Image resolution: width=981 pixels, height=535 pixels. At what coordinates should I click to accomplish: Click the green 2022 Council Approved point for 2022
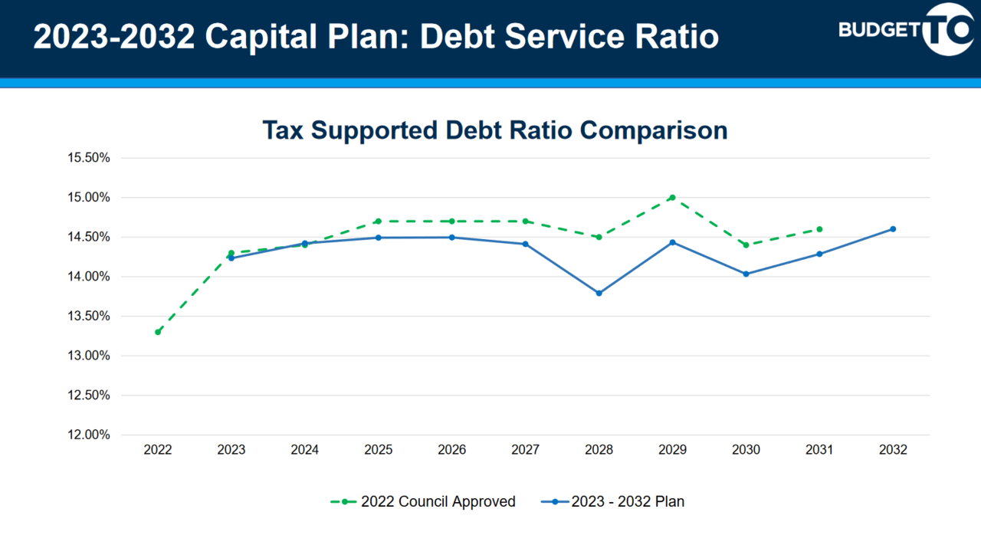(158, 332)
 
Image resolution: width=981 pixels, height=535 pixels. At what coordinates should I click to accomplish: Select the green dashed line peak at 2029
(672, 197)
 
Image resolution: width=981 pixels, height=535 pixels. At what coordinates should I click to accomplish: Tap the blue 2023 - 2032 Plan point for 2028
(599, 293)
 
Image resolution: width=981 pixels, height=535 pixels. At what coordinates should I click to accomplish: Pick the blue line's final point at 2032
(893, 229)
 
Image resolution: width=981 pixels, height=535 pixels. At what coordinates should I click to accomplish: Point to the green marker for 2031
(819, 229)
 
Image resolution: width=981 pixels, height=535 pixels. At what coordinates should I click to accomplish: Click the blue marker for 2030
(746, 274)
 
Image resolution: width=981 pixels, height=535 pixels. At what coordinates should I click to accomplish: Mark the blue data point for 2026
(451, 237)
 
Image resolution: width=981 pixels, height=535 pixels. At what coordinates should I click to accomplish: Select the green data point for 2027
(525, 221)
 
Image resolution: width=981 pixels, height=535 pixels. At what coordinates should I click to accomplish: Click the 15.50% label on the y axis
(90, 158)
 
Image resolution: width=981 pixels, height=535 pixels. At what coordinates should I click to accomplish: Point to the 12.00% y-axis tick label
(90, 435)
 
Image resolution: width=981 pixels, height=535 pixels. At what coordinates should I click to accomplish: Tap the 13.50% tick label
(90, 316)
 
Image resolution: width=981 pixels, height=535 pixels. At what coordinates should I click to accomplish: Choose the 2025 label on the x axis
(378, 450)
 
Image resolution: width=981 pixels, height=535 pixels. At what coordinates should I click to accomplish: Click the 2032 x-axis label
(893, 450)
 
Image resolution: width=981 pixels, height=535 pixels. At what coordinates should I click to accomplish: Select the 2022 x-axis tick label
(158, 450)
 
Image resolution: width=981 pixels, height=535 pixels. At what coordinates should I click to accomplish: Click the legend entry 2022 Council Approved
(423, 502)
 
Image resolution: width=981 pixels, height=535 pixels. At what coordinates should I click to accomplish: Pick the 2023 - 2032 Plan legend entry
(612, 502)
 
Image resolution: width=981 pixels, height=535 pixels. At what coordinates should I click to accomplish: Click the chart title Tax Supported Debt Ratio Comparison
(494, 130)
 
